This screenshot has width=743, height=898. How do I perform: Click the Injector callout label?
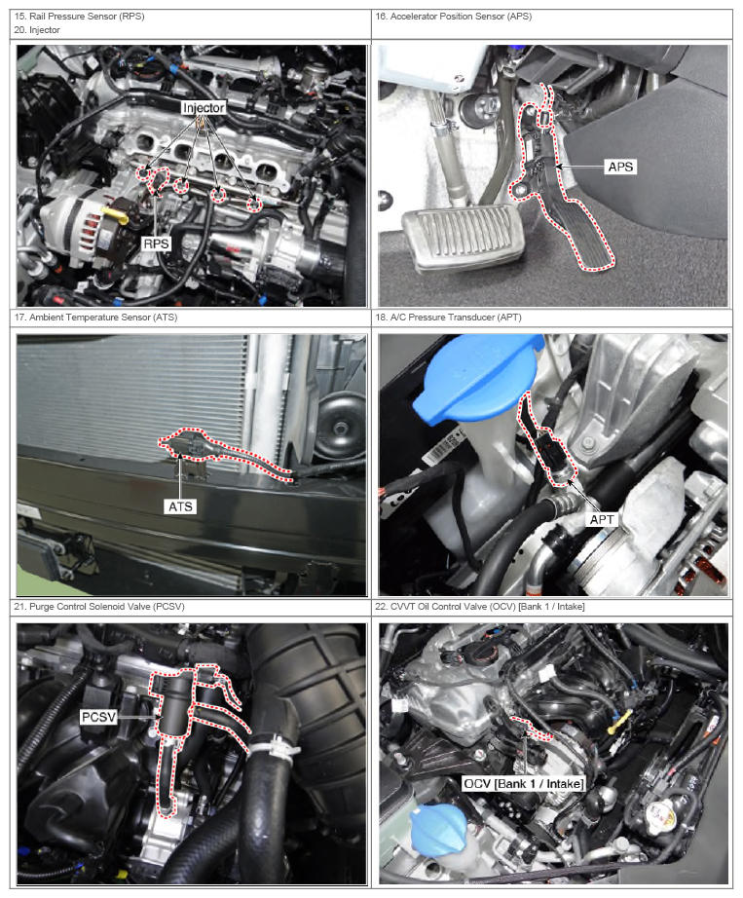point(204,108)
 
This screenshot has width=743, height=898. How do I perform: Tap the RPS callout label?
point(156,243)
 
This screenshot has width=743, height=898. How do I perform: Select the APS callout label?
point(620,167)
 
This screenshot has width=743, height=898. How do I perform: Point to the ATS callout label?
point(180,506)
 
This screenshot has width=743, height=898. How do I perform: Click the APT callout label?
point(602,519)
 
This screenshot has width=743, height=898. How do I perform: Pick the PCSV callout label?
point(98,717)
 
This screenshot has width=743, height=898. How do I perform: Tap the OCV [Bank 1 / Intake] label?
point(523,783)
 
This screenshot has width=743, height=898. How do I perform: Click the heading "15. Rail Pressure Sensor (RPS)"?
point(79,16)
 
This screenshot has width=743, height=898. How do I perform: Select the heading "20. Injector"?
point(37,30)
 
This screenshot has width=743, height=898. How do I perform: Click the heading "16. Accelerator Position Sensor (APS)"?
point(454,16)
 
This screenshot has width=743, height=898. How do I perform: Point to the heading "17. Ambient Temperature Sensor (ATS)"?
point(95,317)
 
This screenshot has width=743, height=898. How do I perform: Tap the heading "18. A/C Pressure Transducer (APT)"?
point(448,317)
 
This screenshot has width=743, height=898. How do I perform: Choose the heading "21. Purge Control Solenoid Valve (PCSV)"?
point(99,606)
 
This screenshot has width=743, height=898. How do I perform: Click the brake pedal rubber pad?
point(463,236)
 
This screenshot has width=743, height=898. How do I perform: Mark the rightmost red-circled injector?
point(253,204)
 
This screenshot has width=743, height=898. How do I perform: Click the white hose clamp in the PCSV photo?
point(275,747)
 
